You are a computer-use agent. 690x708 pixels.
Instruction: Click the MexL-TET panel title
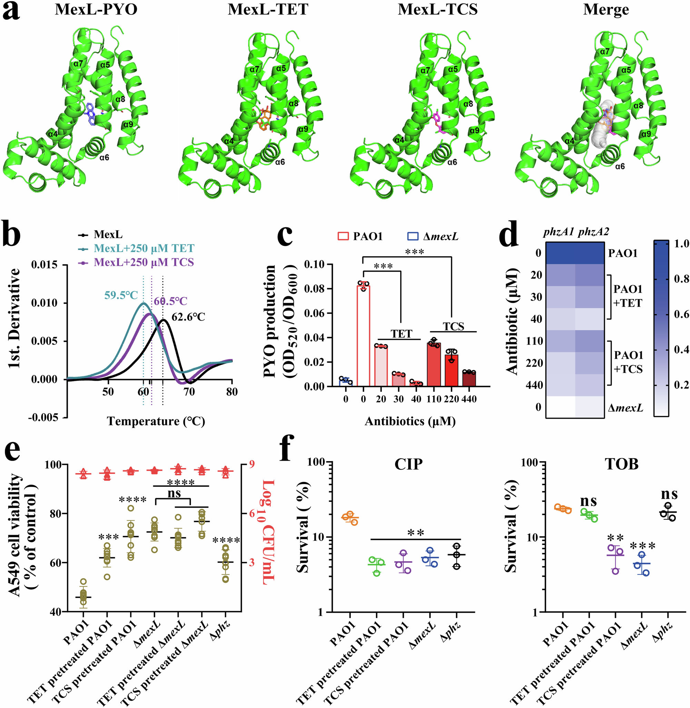click(268, 9)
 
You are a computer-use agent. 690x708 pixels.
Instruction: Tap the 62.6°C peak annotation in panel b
click(188, 317)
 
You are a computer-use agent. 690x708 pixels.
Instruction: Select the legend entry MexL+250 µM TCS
click(144, 262)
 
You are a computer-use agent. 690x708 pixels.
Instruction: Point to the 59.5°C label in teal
click(121, 295)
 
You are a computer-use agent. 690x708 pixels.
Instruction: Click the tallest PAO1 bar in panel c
click(363, 336)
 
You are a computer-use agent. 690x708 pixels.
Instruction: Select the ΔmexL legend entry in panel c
click(433, 237)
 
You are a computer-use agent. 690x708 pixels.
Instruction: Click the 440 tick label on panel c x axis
click(469, 399)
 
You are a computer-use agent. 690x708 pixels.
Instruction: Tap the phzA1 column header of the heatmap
click(559, 232)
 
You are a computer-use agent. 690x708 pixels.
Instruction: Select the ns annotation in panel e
click(174, 493)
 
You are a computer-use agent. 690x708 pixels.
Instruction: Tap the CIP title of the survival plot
click(408, 464)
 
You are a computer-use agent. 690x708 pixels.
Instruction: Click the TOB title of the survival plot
click(621, 464)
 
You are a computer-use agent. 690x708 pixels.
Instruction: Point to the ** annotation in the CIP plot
click(415, 532)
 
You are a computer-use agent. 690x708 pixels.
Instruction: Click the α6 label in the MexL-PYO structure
click(105, 157)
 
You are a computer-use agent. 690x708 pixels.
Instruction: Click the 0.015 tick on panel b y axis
click(44, 265)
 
